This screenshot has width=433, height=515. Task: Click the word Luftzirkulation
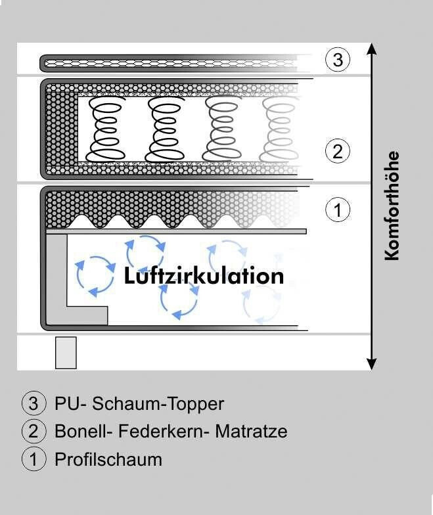[x=204, y=276]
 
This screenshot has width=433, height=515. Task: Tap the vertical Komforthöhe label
[x=392, y=206]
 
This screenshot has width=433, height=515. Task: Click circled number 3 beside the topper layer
[x=338, y=60]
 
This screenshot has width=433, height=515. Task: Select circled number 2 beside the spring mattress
[x=338, y=151]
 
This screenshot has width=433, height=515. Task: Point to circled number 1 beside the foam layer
[x=338, y=209]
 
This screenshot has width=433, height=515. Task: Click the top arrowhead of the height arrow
[x=372, y=49]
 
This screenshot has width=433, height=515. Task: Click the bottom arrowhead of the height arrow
[x=372, y=364]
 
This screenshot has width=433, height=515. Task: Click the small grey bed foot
[x=66, y=353]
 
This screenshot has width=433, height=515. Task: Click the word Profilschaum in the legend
[x=108, y=459]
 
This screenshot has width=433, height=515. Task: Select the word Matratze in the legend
[x=251, y=431]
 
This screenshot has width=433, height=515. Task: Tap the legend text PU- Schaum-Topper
[x=139, y=403]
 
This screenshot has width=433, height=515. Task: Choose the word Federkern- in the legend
[x=164, y=431]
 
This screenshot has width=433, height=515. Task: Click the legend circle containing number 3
[x=34, y=403]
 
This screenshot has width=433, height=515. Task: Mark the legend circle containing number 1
[x=34, y=459]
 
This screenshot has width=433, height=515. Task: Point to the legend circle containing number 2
[x=34, y=431]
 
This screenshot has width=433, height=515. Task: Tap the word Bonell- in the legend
[x=83, y=431]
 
